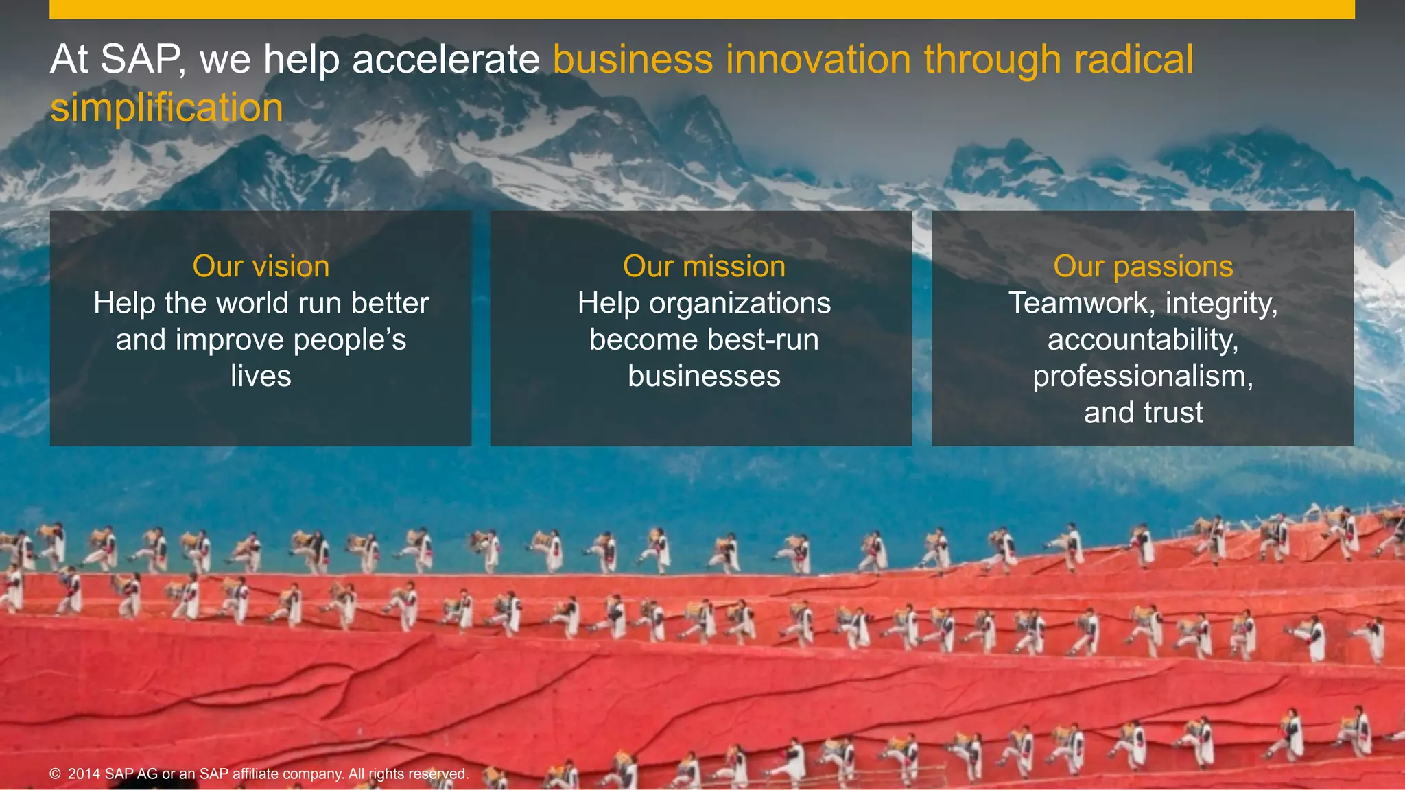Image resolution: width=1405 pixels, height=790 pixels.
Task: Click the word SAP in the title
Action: [x=141, y=59]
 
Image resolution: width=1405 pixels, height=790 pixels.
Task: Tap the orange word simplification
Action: [x=167, y=108]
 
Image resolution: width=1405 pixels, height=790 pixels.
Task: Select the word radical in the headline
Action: [x=1133, y=59]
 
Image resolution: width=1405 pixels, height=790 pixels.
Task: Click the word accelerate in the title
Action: [x=446, y=59]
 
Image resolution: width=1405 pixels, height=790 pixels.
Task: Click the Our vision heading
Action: [x=261, y=266]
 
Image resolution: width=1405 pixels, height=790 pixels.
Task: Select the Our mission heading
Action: [x=704, y=266]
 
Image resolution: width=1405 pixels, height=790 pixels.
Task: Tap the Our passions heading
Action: [x=1143, y=266]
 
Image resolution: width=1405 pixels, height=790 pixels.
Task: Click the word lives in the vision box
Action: [x=261, y=376]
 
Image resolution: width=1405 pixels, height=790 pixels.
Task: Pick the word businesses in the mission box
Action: [x=704, y=376]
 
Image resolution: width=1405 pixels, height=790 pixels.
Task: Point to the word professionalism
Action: [x=1143, y=376]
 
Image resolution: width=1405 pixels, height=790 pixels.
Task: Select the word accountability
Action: [x=1143, y=339]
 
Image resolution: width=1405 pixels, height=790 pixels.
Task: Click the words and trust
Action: [x=1143, y=413]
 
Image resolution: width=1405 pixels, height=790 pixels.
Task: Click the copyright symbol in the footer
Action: [x=56, y=774]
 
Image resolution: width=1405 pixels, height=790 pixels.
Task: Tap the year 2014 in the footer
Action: [x=84, y=774]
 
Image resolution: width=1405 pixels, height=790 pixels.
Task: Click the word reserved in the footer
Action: [x=439, y=774]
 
